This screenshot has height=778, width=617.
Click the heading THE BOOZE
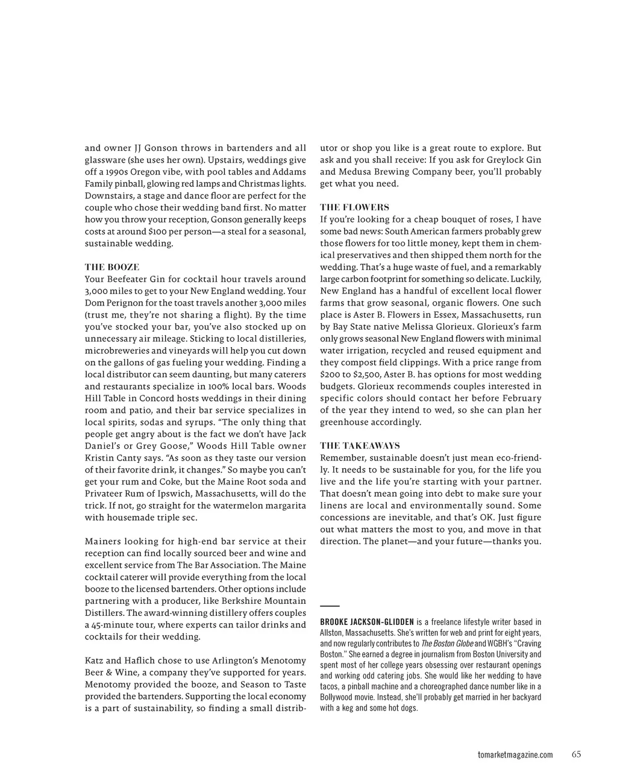pos(112,267)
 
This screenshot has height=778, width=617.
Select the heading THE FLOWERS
pos(354,207)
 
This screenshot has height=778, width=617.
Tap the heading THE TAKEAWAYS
pos(360,446)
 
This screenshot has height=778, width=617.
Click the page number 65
pos(577,754)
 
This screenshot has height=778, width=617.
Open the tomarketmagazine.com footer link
pos(515,755)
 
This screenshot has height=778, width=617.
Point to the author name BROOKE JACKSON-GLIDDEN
pos(367,622)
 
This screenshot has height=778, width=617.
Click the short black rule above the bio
pos(330,605)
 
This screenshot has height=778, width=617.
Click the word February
pos(516,398)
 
